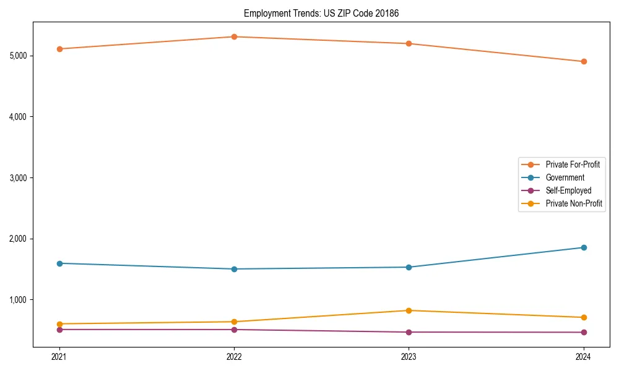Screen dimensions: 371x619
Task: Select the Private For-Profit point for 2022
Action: tap(234, 37)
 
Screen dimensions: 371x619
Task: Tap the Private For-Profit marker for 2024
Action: tap(584, 62)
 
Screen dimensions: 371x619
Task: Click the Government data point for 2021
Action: tap(59, 263)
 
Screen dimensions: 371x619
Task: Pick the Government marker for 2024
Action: tap(584, 247)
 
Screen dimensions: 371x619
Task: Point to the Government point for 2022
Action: tap(234, 269)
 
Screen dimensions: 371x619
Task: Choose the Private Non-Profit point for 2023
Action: tap(409, 310)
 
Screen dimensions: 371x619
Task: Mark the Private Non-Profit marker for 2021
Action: tap(59, 324)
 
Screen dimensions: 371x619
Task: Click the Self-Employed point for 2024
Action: tap(584, 333)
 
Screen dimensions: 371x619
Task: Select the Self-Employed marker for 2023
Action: tap(409, 332)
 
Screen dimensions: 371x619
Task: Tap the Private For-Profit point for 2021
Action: tap(59, 49)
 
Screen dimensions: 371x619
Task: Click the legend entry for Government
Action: tap(565, 177)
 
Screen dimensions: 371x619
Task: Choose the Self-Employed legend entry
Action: tap(568, 190)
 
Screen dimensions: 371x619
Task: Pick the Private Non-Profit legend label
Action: tap(574, 203)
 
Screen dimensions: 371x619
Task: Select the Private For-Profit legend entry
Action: tap(572, 164)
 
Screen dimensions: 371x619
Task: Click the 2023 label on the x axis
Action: tap(409, 356)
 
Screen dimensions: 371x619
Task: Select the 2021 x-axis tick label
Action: tap(59, 356)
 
